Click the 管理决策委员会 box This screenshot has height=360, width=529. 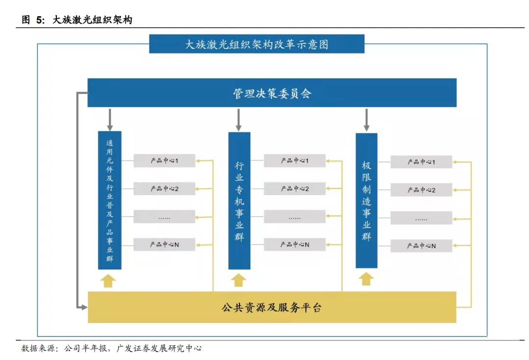(x=272, y=93)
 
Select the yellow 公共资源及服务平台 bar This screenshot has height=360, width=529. (x=272, y=308)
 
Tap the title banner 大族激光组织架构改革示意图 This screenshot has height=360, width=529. (x=257, y=44)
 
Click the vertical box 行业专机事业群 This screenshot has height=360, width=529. (x=239, y=201)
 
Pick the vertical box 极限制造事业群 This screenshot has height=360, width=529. (x=366, y=201)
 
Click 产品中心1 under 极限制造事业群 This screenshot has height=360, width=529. (x=421, y=162)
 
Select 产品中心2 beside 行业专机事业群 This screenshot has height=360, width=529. (x=294, y=189)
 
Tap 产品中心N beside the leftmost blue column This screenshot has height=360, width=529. (x=164, y=244)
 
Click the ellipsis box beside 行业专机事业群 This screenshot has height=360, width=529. (x=294, y=216)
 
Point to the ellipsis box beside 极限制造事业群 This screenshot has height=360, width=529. (x=421, y=218)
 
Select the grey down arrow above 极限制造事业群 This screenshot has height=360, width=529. (x=366, y=120)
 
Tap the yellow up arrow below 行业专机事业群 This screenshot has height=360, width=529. (x=239, y=280)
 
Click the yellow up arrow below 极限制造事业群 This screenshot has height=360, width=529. (x=366, y=279)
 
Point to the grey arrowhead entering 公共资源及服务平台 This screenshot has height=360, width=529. (x=84, y=307)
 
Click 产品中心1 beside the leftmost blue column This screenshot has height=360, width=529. (x=164, y=161)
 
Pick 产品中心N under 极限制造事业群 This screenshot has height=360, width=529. (x=421, y=246)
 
